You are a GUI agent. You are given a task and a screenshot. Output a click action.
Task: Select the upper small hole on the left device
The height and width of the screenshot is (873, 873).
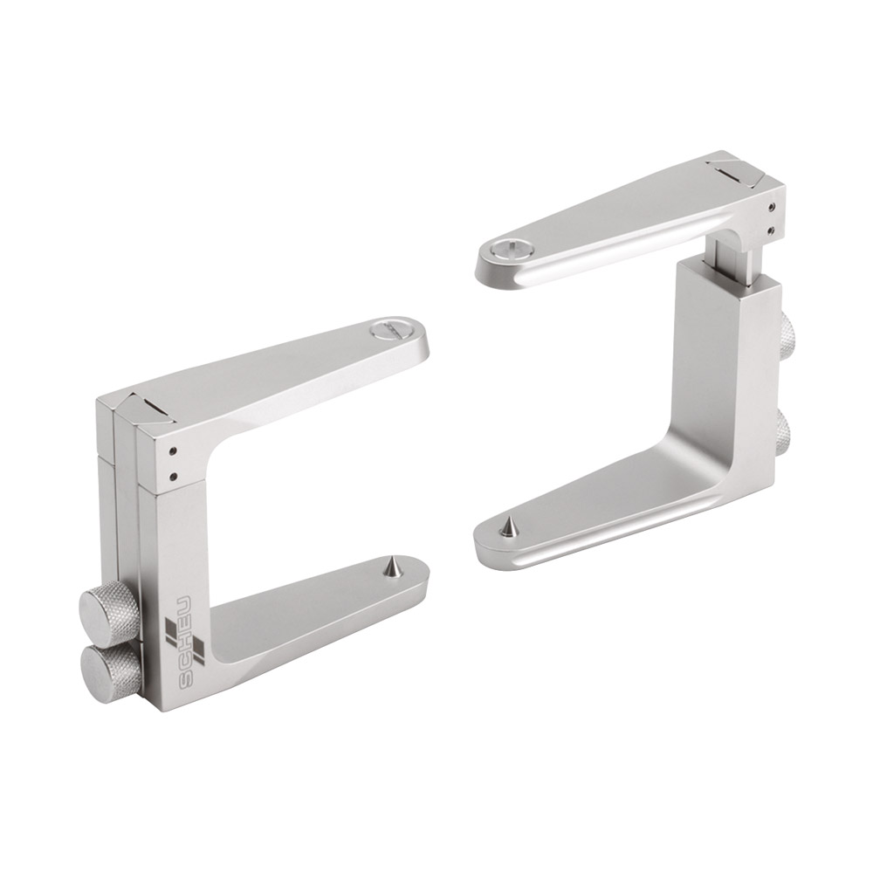click(x=174, y=450)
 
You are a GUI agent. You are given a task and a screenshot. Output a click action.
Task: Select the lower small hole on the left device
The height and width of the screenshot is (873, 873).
click(x=174, y=476)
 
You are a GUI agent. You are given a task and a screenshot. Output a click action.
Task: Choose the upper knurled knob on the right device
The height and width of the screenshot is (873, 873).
click(x=787, y=330)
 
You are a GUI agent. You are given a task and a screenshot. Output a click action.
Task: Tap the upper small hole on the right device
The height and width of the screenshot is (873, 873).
click(x=772, y=207)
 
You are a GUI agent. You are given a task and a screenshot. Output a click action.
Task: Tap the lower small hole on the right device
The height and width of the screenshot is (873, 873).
click(x=772, y=230)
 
